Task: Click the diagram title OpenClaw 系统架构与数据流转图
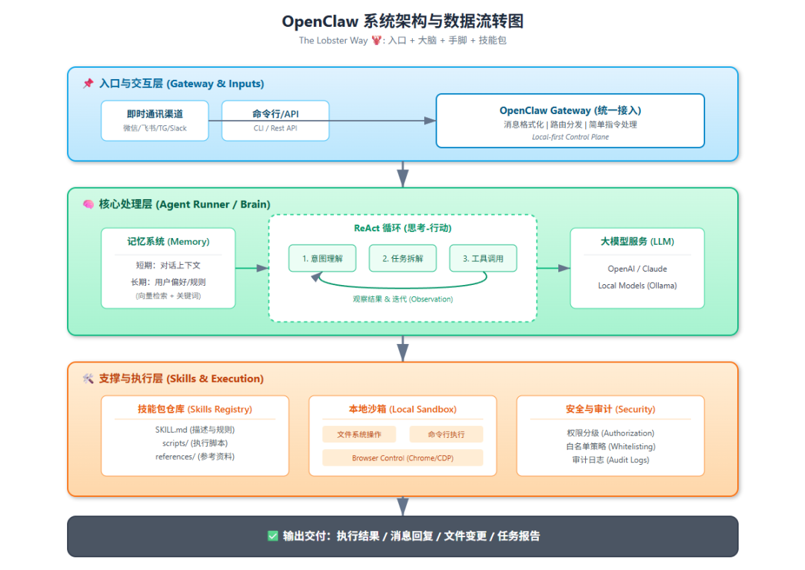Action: (x=402, y=22)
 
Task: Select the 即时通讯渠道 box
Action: (x=155, y=120)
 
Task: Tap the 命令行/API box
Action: (x=275, y=120)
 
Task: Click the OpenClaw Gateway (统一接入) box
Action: (x=570, y=120)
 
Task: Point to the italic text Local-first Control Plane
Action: (x=570, y=137)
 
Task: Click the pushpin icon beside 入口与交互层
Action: (x=88, y=84)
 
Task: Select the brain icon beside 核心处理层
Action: (x=88, y=204)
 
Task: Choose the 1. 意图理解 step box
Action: (x=322, y=258)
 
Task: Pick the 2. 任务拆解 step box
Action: (x=402, y=258)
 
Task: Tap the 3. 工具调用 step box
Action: (x=483, y=258)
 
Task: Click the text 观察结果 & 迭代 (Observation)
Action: (x=402, y=299)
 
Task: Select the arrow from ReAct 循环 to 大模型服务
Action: (x=552, y=268)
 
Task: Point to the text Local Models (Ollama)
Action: (x=637, y=285)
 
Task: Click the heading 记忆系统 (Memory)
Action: (x=168, y=242)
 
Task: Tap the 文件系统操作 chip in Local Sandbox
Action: (x=359, y=434)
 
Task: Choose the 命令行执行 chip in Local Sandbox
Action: (x=446, y=434)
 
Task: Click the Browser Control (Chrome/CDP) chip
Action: (x=402, y=458)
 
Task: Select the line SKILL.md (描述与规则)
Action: (x=195, y=430)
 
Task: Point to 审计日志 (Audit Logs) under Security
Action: (x=610, y=460)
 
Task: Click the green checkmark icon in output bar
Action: (x=273, y=536)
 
